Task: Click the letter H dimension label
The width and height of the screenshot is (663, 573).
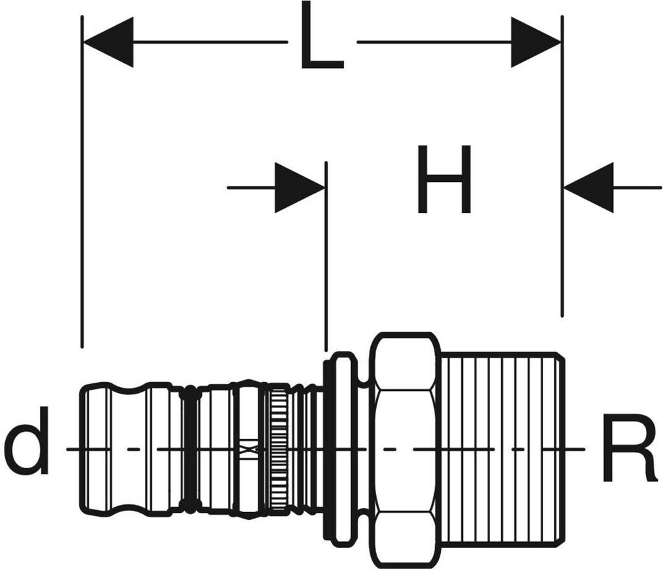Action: pyautogui.click(x=444, y=179)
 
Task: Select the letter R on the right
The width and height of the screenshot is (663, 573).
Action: pyautogui.click(x=630, y=448)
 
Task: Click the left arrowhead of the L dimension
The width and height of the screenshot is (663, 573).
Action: pyautogui.click(x=108, y=42)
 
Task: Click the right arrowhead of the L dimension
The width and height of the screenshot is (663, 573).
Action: pyautogui.click(x=536, y=42)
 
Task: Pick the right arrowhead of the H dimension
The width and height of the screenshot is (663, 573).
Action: pyautogui.click(x=589, y=187)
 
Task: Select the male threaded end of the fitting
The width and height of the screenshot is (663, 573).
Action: pyautogui.click(x=502, y=449)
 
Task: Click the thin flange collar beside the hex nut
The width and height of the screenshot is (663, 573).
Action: pyautogui.click(x=341, y=449)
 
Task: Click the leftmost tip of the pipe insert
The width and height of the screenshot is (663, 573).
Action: pyautogui.click(x=81, y=449)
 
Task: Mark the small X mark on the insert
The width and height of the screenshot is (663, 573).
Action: pyautogui.click(x=249, y=449)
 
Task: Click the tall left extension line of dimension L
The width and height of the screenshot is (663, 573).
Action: pyautogui.click(x=82, y=182)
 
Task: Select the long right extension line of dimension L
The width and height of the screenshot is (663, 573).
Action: pyautogui.click(x=562, y=166)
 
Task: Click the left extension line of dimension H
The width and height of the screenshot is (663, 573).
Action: pyautogui.click(x=326, y=256)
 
